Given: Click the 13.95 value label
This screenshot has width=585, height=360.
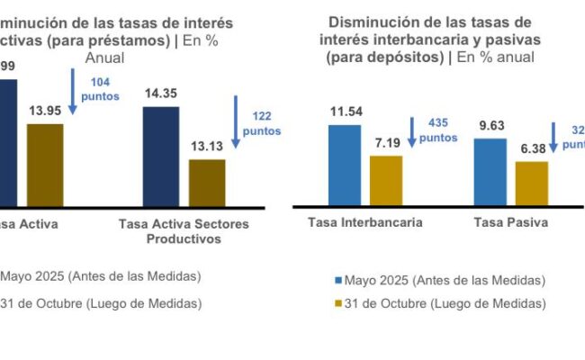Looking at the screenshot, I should [x=44, y=111].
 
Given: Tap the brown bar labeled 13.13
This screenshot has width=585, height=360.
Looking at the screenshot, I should [x=207, y=184].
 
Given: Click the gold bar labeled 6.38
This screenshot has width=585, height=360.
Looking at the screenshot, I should [x=532, y=184].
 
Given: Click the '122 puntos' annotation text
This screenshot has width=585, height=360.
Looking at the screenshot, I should [x=262, y=123].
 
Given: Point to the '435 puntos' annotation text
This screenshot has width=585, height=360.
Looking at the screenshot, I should [x=438, y=131].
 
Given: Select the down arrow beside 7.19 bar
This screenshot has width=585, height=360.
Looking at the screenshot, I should [x=411, y=131].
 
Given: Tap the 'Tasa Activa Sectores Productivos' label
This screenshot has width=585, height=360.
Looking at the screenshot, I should [x=184, y=231].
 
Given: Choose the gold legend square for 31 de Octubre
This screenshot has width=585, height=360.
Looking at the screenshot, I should [x=338, y=304].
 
